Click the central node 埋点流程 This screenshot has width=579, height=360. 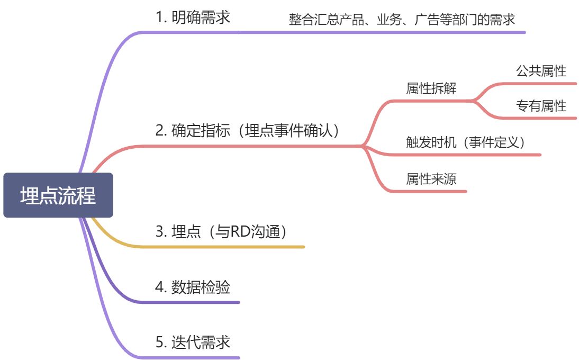pyautogui.click(x=58, y=195)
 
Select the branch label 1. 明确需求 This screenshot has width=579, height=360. pyautogui.click(x=193, y=17)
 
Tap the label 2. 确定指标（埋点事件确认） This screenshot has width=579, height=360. pyautogui.click(x=247, y=131)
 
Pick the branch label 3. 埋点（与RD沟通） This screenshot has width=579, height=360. pyautogui.click(x=222, y=232)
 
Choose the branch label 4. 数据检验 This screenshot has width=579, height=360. pyautogui.click(x=193, y=287)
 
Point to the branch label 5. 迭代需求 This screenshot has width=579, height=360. pyautogui.click(x=193, y=342)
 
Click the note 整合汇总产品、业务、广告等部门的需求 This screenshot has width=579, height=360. pyautogui.click(x=402, y=20)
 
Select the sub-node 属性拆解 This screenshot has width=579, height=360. pyautogui.click(x=431, y=88)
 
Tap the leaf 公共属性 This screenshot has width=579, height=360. pyautogui.click(x=541, y=71)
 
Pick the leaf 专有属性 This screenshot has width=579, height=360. pyautogui.click(x=541, y=106)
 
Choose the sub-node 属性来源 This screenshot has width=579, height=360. pyautogui.click(x=431, y=179)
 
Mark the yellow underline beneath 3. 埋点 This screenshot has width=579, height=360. pyautogui.click(x=222, y=247)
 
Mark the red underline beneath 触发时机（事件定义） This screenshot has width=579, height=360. pyautogui.click(x=466, y=155)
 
